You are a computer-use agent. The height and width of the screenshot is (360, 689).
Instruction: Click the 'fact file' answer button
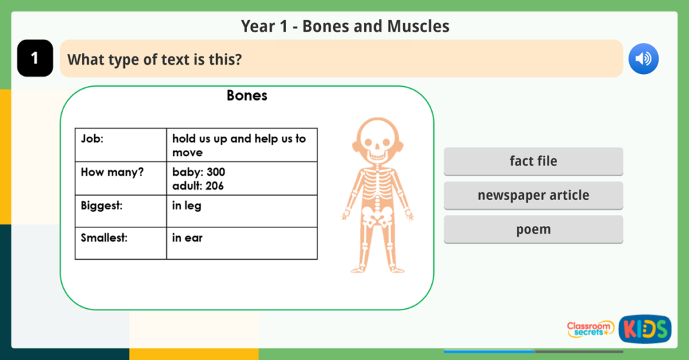[533, 161]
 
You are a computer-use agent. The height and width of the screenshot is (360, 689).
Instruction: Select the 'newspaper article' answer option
[533, 195]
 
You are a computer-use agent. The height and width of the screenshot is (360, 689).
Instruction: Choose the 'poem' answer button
[533, 229]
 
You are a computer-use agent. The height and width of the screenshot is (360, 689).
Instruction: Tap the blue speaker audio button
[643, 59]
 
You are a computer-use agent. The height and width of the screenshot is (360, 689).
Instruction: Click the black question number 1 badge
[35, 59]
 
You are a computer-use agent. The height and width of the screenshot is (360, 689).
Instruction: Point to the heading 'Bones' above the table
[247, 96]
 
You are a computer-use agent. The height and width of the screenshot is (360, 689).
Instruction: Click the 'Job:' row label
[92, 139]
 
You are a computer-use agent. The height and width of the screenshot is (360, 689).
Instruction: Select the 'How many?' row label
[112, 172]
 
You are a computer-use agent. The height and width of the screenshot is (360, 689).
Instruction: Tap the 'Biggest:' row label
[102, 206]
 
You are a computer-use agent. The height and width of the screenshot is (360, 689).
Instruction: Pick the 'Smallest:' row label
[104, 238]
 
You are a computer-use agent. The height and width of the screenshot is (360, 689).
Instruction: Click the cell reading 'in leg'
[186, 206]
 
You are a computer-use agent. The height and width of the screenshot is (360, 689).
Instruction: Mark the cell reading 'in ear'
[187, 238]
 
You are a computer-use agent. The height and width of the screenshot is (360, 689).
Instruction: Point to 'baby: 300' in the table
[198, 172]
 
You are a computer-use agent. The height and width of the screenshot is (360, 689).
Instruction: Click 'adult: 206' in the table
[198, 186]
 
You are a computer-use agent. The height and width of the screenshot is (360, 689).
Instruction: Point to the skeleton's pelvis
[377, 215]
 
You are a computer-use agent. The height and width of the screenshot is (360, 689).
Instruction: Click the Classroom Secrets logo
[590, 329]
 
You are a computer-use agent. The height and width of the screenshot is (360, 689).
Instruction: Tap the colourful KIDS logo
[645, 329]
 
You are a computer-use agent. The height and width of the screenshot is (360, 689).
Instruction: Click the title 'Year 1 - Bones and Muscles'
[344, 27]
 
